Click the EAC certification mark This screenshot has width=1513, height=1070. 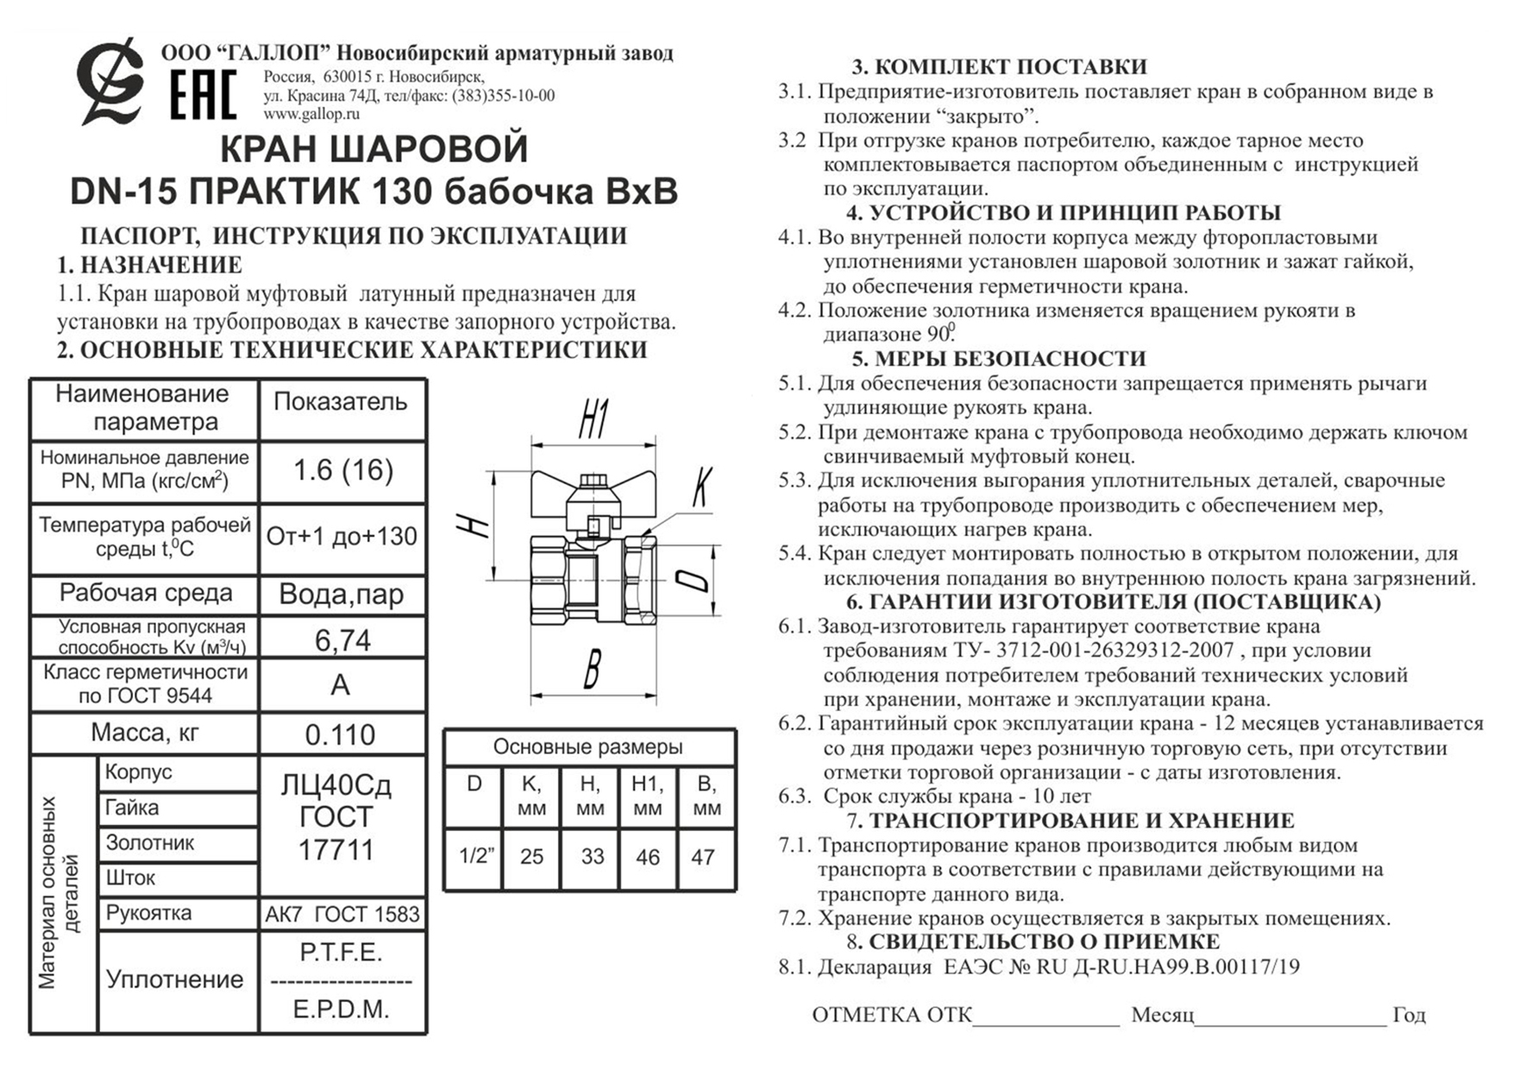point(203,95)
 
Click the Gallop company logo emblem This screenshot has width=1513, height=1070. point(110,82)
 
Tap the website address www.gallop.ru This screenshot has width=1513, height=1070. point(311,114)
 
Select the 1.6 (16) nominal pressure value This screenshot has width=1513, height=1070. point(343,470)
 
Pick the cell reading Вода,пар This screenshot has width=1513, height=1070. point(342,595)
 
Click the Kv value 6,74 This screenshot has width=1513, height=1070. point(342,640)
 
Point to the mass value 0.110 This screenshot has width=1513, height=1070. point(341,734)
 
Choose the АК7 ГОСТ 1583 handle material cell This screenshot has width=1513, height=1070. point(342,914)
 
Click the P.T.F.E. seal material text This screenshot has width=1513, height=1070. point(341,953)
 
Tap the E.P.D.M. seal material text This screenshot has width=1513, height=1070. point(342,1009)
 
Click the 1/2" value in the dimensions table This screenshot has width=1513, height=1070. point(476,857)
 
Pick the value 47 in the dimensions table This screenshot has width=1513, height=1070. point(703,857)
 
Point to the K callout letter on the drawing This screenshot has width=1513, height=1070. point(702,488)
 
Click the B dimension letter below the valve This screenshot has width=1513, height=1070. point(592,669)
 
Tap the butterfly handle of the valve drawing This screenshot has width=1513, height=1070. point(593,496)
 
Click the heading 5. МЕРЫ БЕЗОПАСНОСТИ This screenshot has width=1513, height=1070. point(999,359)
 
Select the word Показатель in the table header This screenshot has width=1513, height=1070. point(340,402)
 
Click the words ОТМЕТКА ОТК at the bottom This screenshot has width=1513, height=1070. point(891,1015)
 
